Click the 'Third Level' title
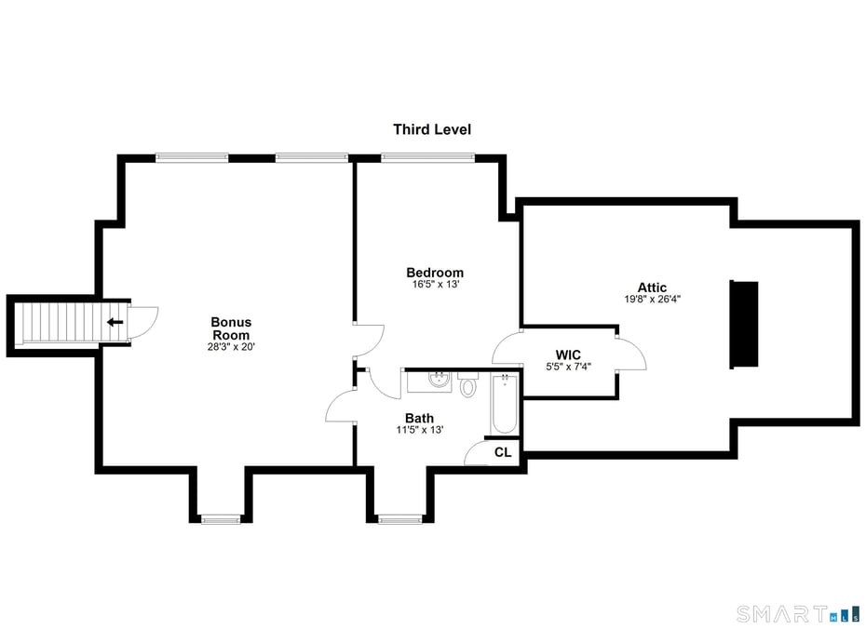[x=431, y=129]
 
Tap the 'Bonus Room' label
[x=231, y=328]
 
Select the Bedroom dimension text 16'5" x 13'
[x=435, y=285]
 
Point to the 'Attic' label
[x=652, y=288]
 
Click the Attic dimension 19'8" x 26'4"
[x=652, y=300]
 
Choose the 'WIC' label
[x=568, y=355]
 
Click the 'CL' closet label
[x=503, y=452]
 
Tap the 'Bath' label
[x=419, y=418]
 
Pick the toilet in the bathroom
[x=468, y=383]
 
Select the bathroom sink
[x=440, y=379]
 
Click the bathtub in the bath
[x=504, y=405]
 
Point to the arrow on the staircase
[x=115, y=323]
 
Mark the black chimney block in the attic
[x=744, y=323]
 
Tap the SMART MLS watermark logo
[x=795, y=613]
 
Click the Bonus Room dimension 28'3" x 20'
[x=231, y=347]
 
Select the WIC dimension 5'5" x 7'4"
[x=568, y=367]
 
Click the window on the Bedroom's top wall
[x=428, y=157]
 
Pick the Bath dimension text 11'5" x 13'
[x=419, y=430]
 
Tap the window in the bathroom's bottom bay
[x=401, y=518]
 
